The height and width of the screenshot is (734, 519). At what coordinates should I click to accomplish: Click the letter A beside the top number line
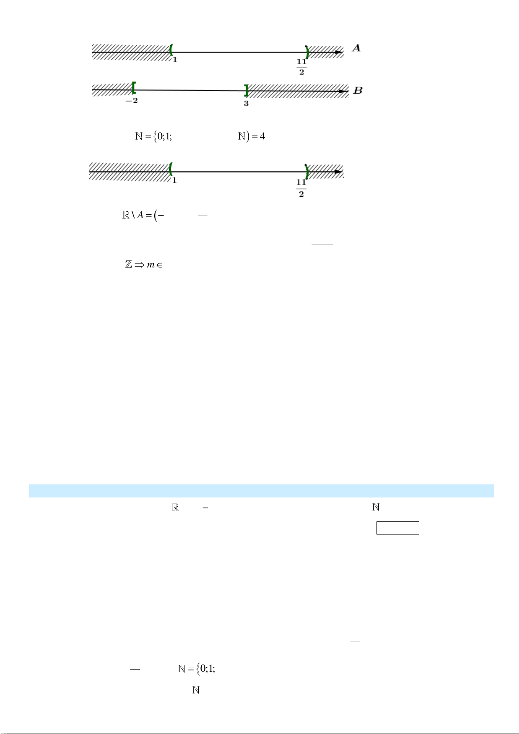tap(356, 48)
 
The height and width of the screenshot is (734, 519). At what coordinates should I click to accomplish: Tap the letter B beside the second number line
tap(358, 91)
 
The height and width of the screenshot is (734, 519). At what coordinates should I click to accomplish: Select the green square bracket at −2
tap(134, 88)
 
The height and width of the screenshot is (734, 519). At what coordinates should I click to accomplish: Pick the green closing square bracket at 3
tap(246, 91)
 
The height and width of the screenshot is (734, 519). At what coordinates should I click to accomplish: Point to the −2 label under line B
tap(132, 101)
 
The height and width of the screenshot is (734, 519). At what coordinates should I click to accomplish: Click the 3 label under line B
tap(246, 104)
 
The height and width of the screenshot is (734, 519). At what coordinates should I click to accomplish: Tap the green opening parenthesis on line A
tap(171, 50)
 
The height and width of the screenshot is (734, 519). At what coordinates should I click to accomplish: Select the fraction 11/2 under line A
tap(302, 67)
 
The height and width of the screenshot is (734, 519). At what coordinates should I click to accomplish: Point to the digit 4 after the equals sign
tap(262, 136)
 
